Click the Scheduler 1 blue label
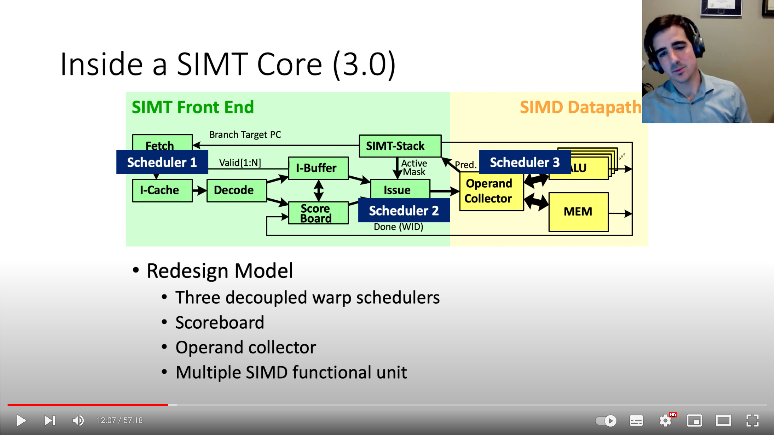pos(162,162)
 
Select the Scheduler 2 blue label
pos(404,211)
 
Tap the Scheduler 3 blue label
pos(525,162)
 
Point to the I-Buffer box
pos(318,168)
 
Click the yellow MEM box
pos(578,212)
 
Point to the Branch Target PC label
pos(245,134)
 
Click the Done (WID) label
pos(398,227)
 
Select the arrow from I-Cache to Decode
pos(200,191)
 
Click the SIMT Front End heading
pos(193,107)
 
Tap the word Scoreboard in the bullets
pos(220,322)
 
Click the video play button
pos(21,420)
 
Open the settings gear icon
pos(665,420)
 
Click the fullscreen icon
pos(752,420)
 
